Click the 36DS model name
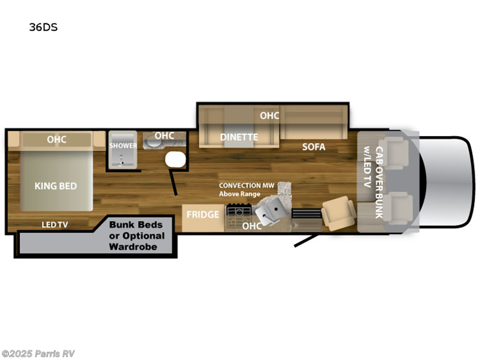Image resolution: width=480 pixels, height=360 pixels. (43, 27)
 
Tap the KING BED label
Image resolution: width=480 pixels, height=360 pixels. (56, 186)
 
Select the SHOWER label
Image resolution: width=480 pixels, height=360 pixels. (123, 145)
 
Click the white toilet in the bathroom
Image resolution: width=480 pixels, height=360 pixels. (175, 160)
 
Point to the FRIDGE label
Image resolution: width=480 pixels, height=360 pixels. (203, 215)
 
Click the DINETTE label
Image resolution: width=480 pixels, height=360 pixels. (239, 137)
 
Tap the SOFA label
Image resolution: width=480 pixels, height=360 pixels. (314, 147)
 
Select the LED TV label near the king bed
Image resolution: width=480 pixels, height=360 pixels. (55, 224)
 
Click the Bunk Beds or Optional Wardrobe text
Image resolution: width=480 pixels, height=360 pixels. (137, 236)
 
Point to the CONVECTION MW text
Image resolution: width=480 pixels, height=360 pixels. (247, 185)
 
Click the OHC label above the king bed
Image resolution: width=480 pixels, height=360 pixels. (56, 140)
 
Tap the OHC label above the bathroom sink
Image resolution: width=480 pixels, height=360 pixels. (164, 136)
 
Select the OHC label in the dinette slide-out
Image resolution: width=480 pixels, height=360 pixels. (269, 115)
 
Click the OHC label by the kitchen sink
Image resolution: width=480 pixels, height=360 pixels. (251, 226)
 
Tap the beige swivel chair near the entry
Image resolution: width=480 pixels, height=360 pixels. (339, 214)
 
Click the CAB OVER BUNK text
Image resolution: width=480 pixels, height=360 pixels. (379, 182)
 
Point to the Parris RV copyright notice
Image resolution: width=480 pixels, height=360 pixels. (38, 353)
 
